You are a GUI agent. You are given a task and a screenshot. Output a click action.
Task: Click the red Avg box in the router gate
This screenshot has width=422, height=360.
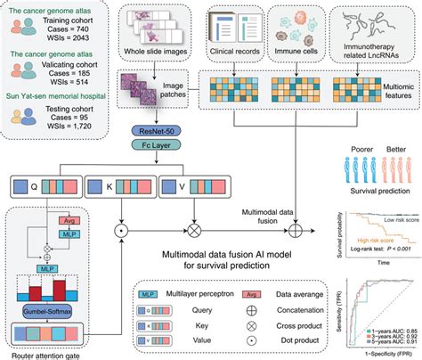(x=67, y=219)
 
